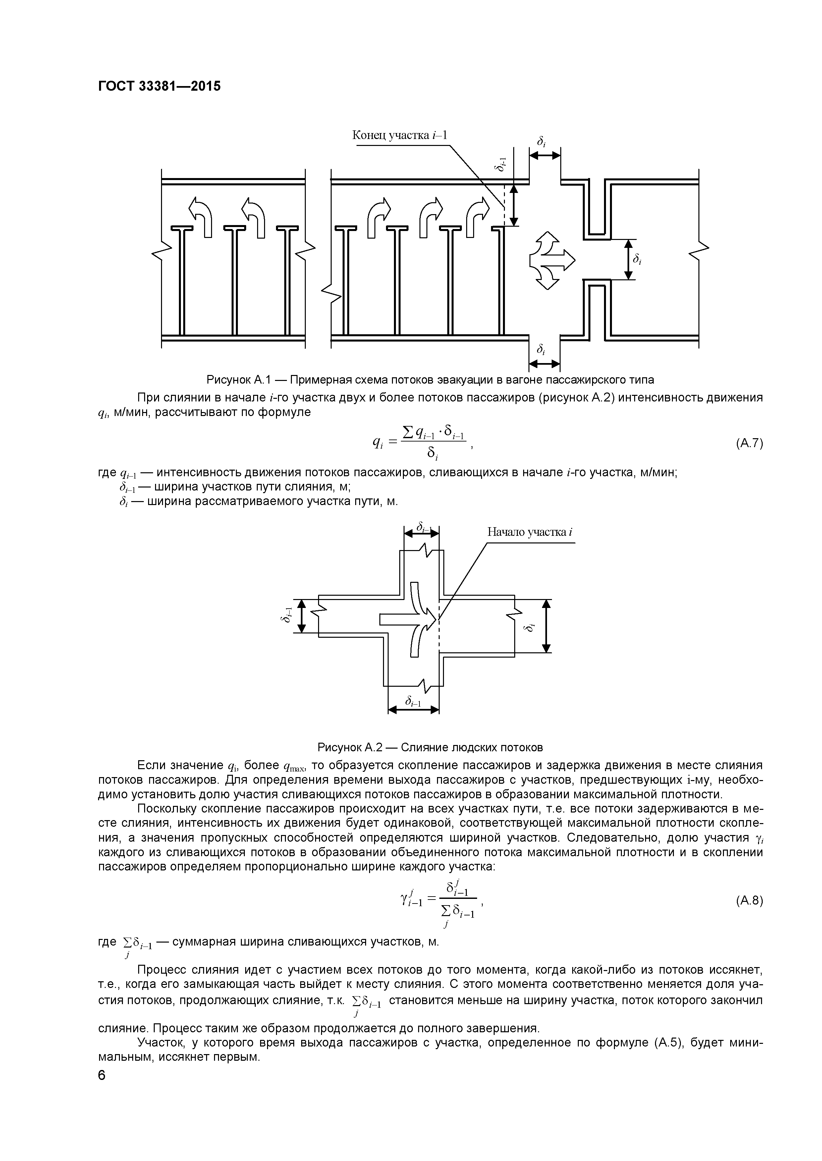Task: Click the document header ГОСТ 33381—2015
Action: click(x=159, y=86)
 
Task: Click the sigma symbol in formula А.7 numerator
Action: click(x=408, y=432)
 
